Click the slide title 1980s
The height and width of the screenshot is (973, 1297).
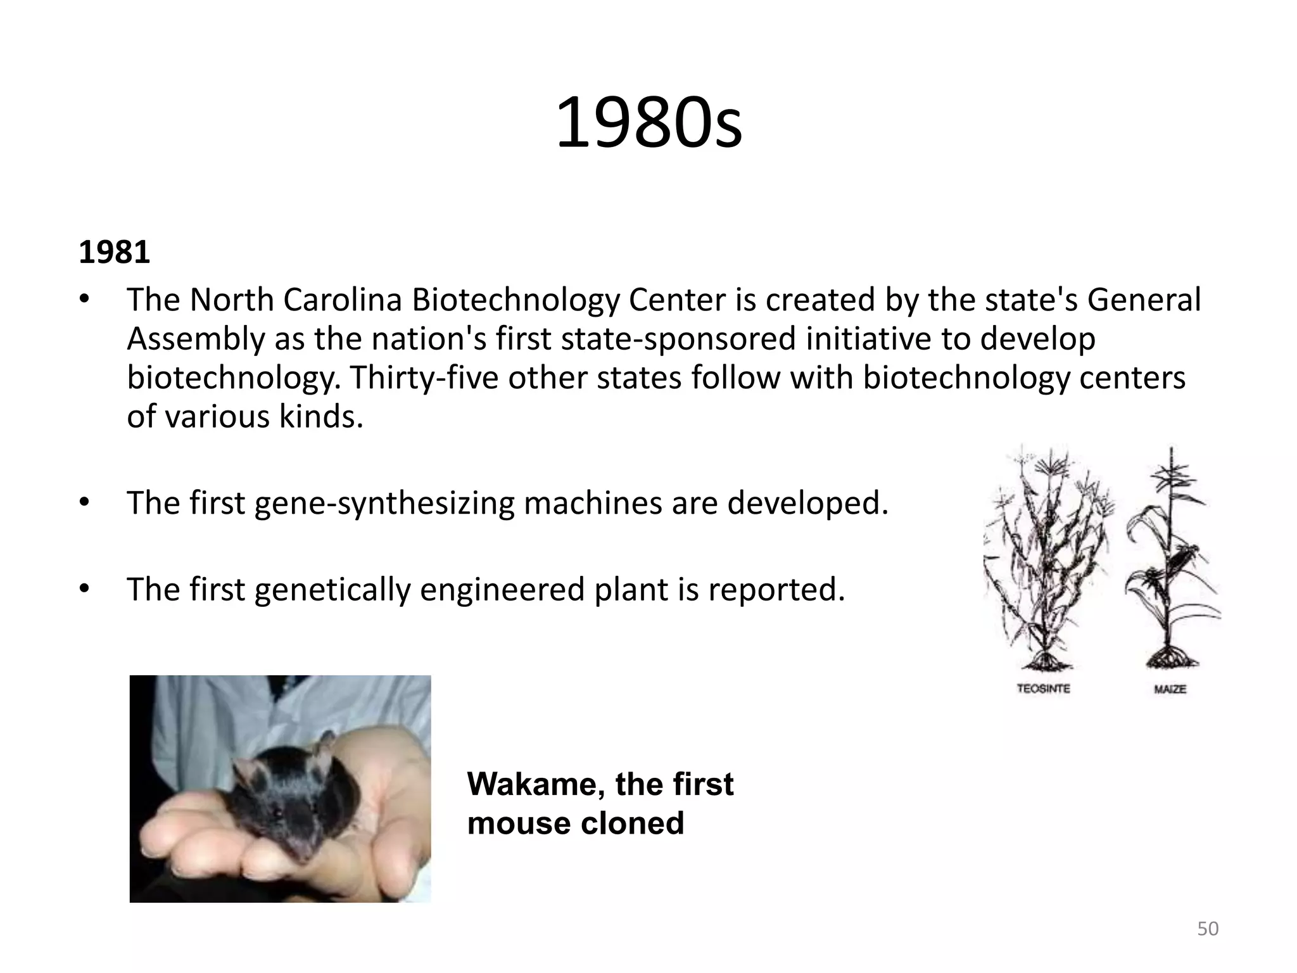click(648, 123)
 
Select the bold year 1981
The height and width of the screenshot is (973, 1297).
click(114, 253)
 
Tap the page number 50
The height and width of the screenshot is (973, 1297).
click(1208, 929)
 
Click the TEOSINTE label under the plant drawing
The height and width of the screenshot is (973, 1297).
click(1043, 688)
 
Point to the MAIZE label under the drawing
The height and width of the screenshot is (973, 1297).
click(1170, 689)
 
